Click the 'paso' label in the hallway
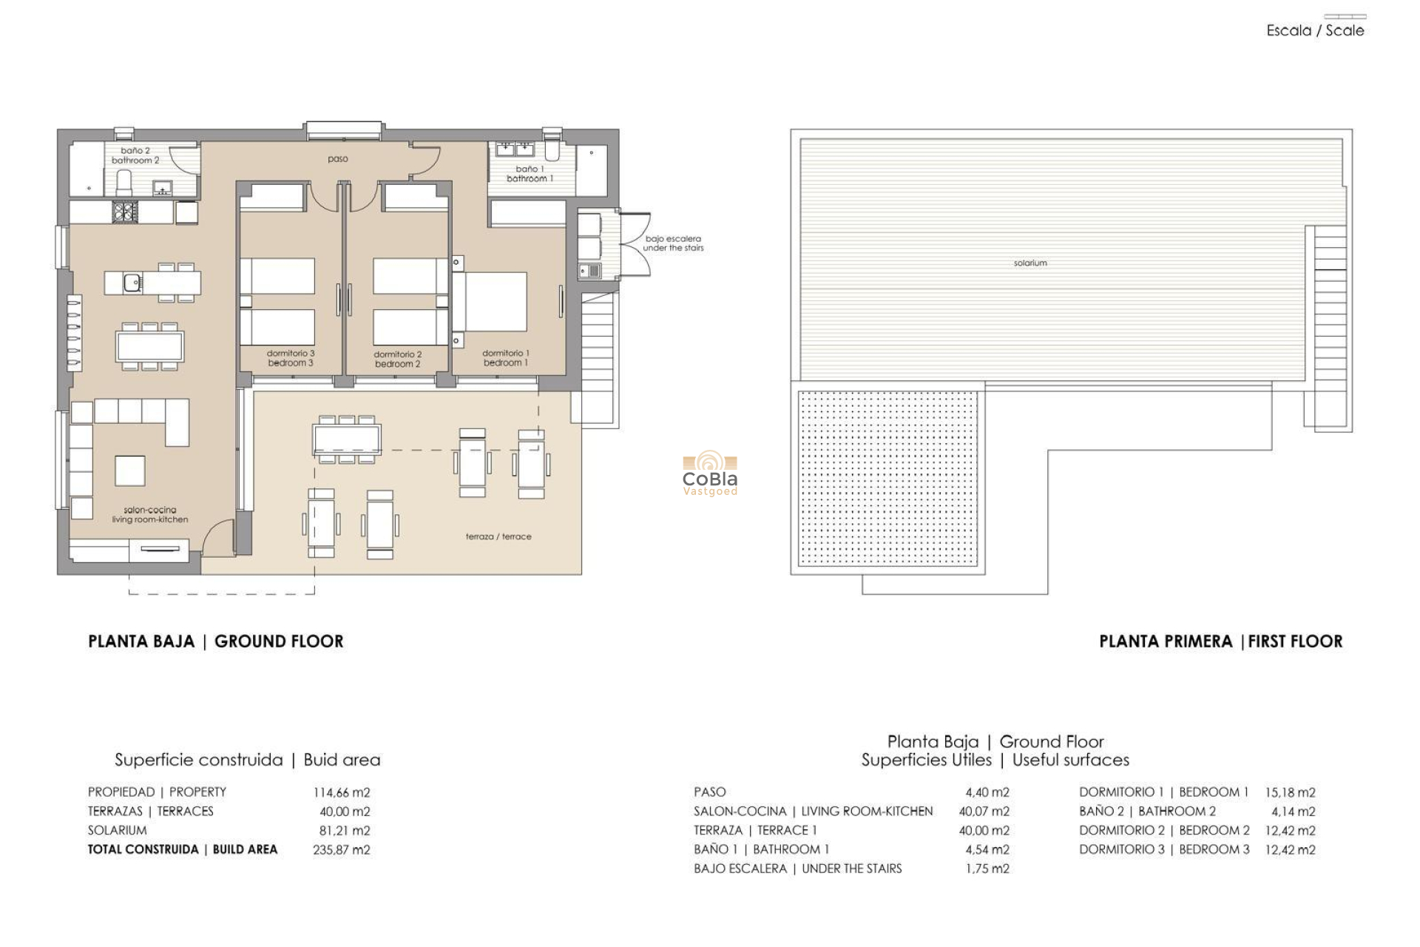tap(337, 159)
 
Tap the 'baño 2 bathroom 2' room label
tap(135, 155)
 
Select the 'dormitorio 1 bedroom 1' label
tap(506, 358)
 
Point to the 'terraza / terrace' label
tap(498, 536)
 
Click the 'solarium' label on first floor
tap(1030, 263)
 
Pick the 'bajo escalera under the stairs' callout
tap(673, 243)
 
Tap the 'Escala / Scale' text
tap(1315, 30)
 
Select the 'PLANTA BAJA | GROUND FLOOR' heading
tap(216, 641)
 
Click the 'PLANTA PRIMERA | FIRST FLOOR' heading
tap(1220, 641)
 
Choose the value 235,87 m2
tap(341, 850)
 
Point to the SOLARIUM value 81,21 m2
tap(344, 831)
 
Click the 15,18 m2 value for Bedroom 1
tap(1290, 792)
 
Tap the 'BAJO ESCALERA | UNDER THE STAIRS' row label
tap(797, 869)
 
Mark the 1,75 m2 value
tap(987, 869)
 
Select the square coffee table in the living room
tap(130, 471)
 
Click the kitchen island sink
tap(132, 282)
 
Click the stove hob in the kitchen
tap(124, 212)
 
